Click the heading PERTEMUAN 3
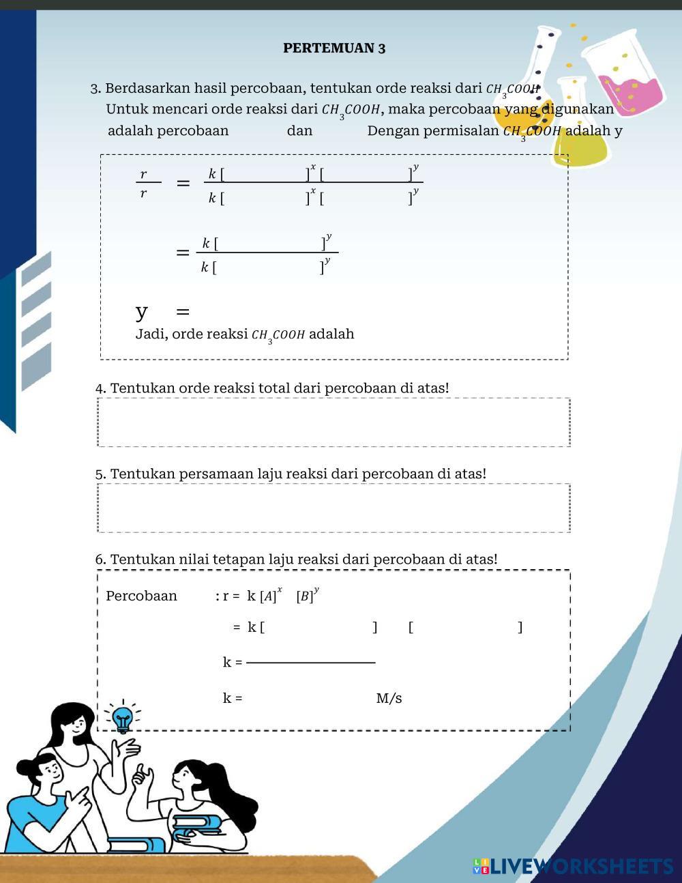point(334,48)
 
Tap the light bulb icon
point(123,719)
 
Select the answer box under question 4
point(333,422)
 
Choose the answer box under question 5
point(333,508)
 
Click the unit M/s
point(389,698)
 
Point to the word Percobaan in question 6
point(141,596)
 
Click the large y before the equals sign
point(141,312)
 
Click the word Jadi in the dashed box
point(149,334)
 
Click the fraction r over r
point(144,183)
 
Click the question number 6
point(100,560)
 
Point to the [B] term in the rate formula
point(305,596)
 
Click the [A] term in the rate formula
point(268,596)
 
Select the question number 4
point(100,388)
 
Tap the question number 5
point(100,474)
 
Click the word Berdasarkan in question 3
point(148,88)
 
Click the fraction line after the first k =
point(310,662)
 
